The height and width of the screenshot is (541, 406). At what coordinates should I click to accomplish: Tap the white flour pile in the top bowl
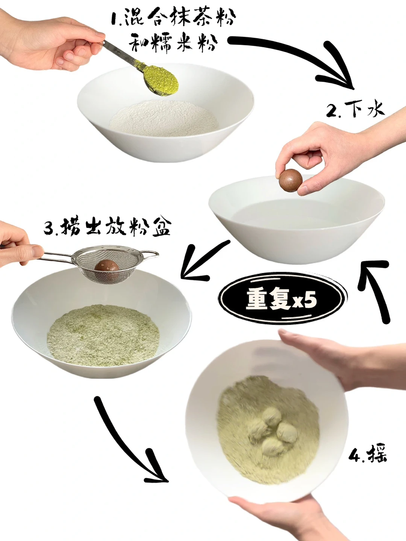point(164,119)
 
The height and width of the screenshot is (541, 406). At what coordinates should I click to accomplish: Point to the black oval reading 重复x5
point(283,299)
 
